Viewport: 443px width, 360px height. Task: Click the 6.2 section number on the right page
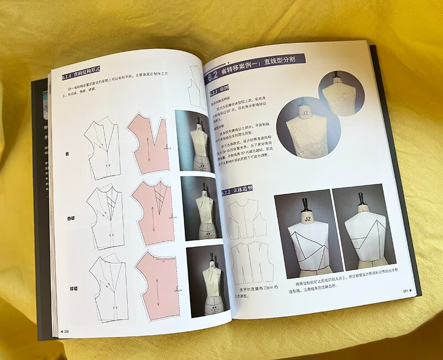(214, 77)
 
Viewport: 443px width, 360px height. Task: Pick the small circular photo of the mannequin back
(340, 92)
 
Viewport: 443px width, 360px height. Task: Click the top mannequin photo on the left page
(198, 141)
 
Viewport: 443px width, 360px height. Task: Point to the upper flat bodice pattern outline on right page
(246, 217)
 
